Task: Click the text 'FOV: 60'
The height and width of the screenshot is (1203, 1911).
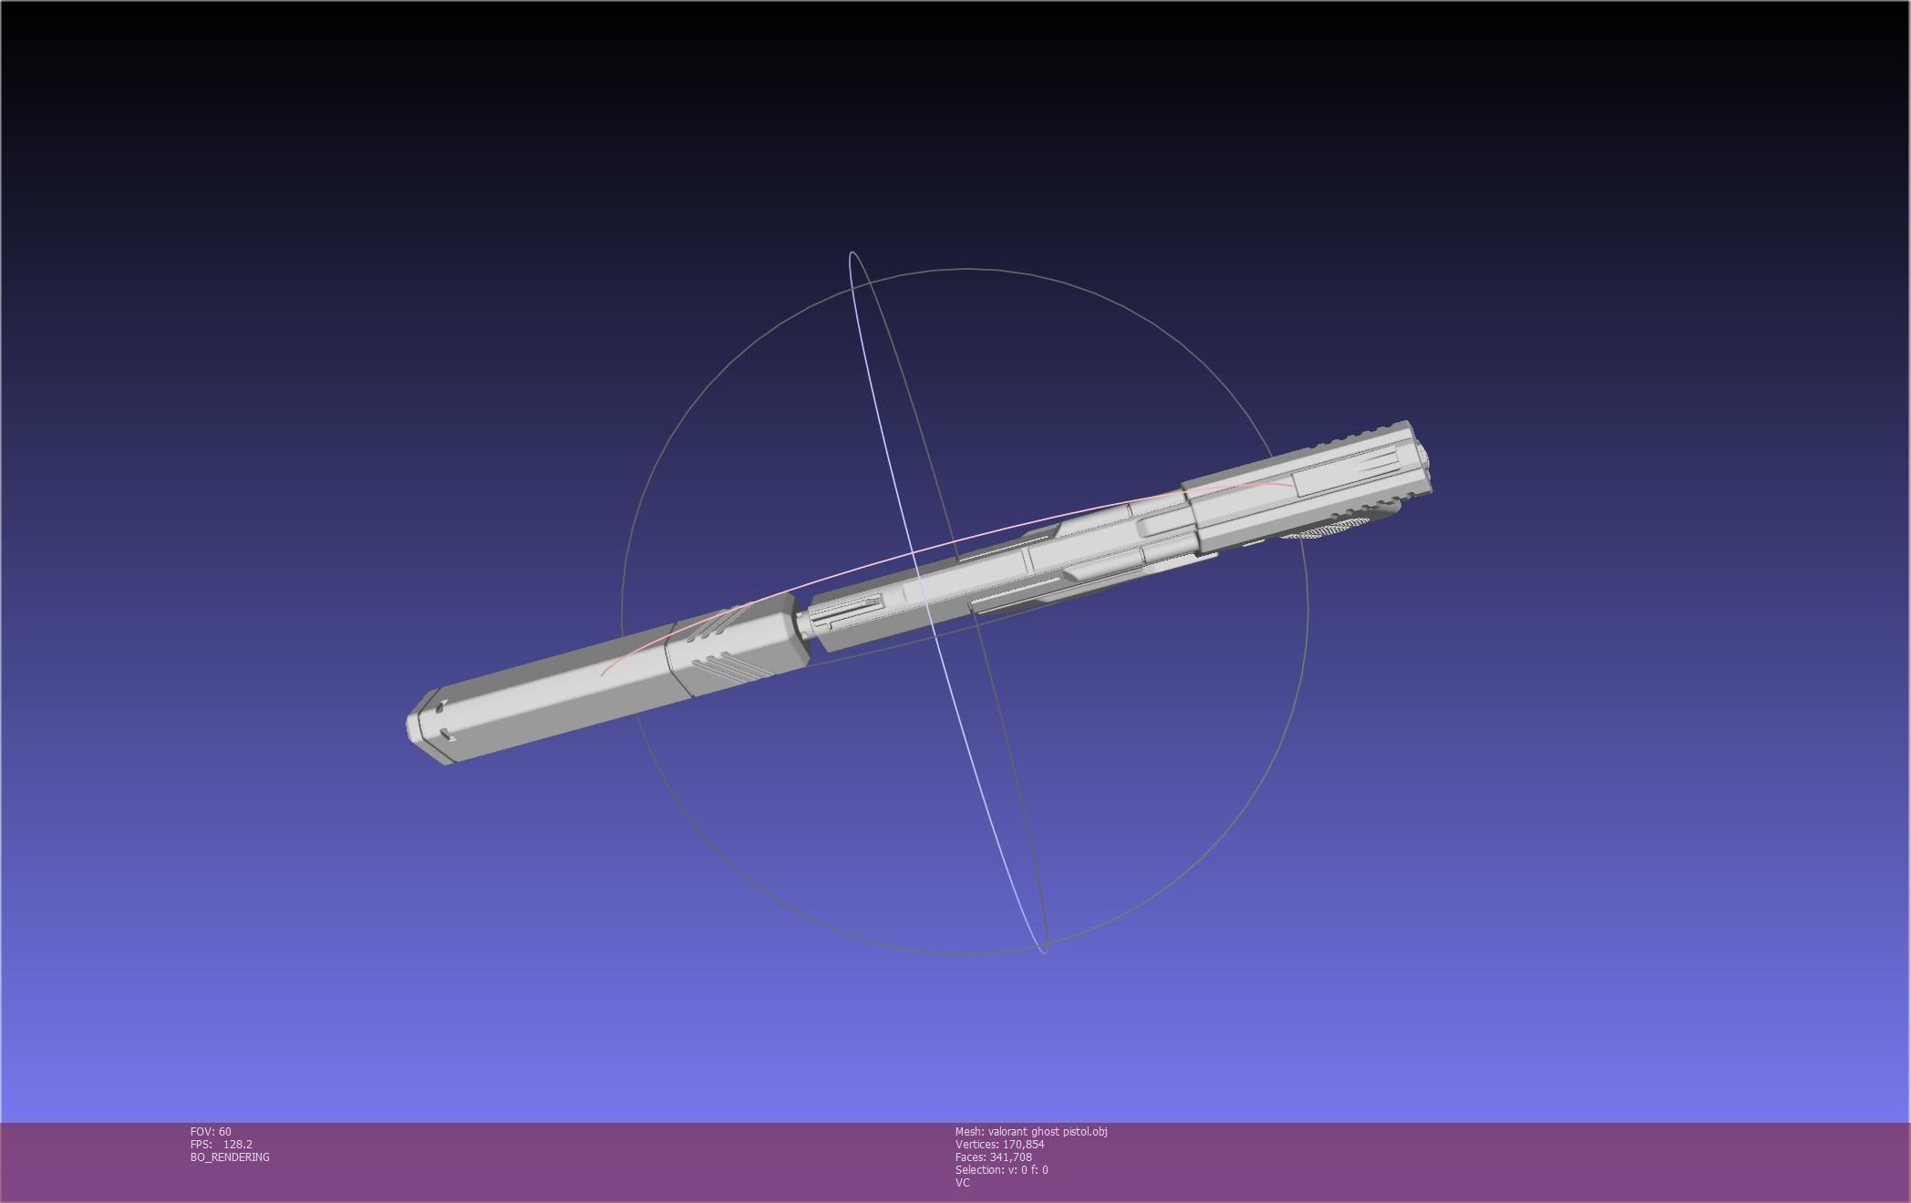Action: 211,1131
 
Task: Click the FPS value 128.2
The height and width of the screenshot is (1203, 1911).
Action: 237,1144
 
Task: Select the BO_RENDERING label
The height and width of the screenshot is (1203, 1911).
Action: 230,1157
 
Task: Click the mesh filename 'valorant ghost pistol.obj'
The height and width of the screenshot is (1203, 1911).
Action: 1047,1131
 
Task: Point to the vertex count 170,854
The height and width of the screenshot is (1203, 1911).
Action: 1023,1144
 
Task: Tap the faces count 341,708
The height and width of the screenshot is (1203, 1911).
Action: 1010,1157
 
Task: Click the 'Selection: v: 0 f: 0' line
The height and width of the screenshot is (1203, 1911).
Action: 1001,1169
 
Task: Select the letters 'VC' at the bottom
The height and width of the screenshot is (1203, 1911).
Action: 962,1182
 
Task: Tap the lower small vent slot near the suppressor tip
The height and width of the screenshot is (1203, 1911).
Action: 447,735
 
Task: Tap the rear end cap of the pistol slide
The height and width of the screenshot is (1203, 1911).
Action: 1422,465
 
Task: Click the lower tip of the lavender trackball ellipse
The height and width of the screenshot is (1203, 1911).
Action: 1044,951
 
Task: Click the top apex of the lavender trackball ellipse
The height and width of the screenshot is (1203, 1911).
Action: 852,253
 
